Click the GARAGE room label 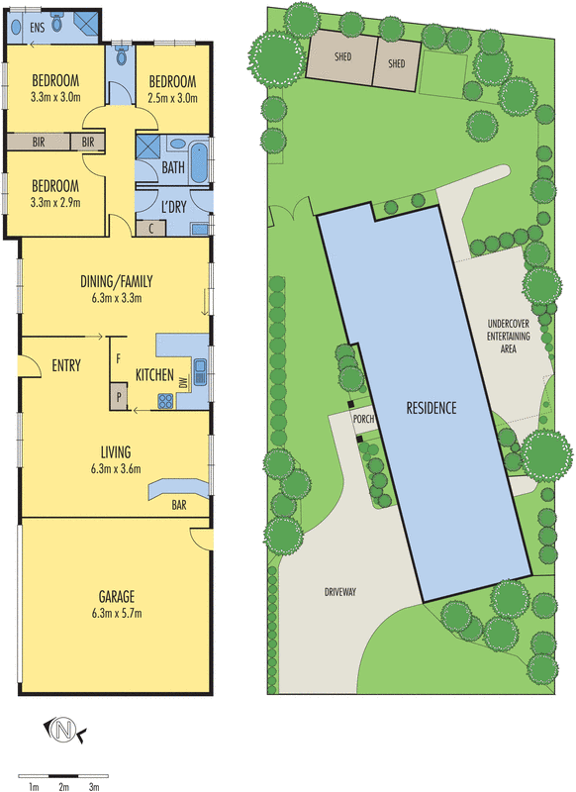click(116, 596)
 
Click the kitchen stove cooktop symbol click(165, 401)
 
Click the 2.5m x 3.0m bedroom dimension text click(173, 98)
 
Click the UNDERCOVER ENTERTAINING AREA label click(509, 337)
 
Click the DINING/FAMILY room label click(116, 281)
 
